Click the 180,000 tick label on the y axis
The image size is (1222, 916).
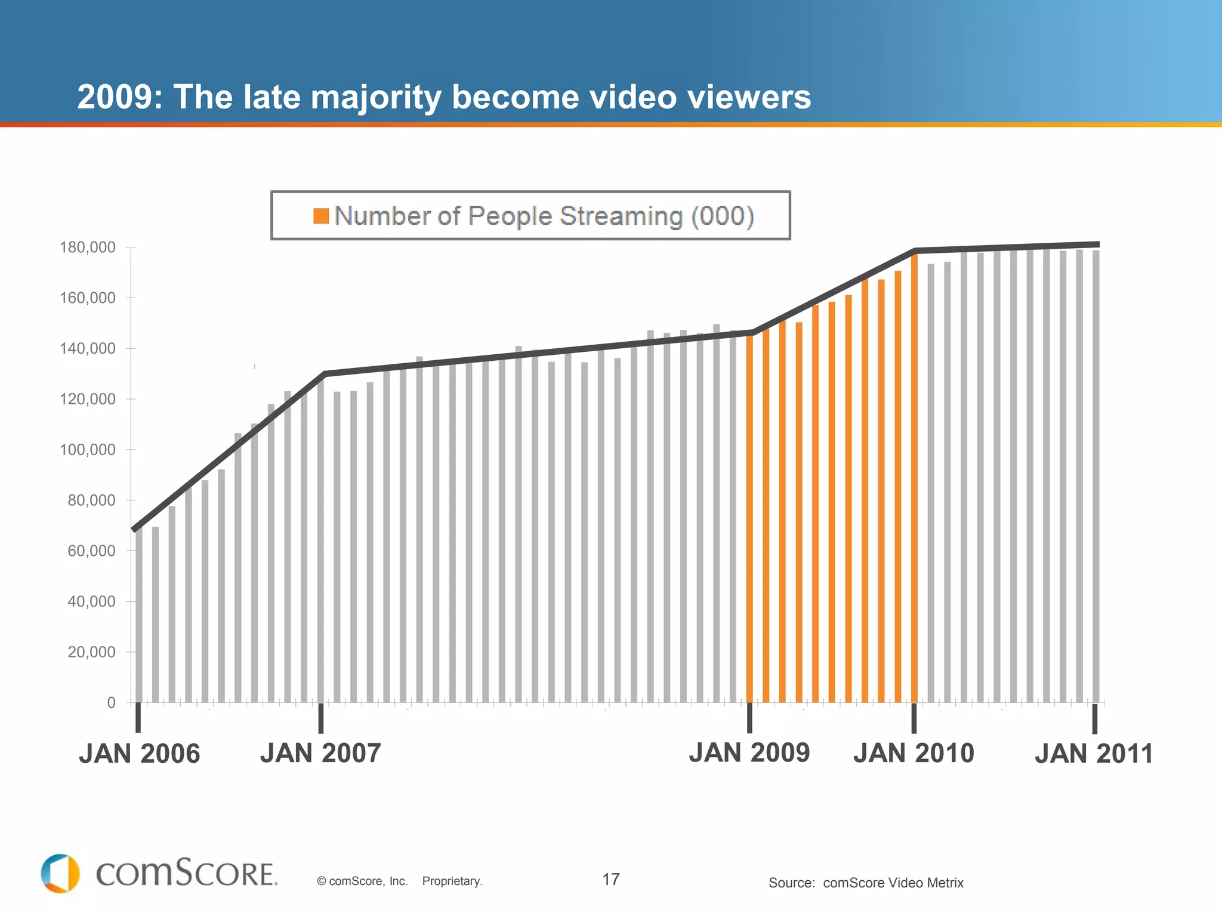[x=87, y=247]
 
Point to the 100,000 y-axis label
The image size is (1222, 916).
[x=87, y=450]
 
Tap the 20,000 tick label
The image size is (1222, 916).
[x=91, y=652]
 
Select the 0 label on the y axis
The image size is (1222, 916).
[x=111, y=703]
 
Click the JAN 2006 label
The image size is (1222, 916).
[x=140, y=754]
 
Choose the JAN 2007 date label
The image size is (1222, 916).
[x=320, y=753]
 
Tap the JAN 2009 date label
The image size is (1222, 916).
[x=749, y=753]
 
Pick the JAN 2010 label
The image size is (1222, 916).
[x=914, y=753]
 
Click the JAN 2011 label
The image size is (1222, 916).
[x=1094, y=754]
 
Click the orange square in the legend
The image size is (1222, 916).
[x=321, y=216]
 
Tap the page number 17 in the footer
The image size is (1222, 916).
[x=611, y=880]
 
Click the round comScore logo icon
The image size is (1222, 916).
[x=60, y=874]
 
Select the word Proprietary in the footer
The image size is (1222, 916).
[x=452, y=881]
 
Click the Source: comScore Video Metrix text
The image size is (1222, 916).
[x=866, y=883]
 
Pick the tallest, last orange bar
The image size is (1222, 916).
[x=914, y=477]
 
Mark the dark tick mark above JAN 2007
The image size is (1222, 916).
[x=321, y=718]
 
